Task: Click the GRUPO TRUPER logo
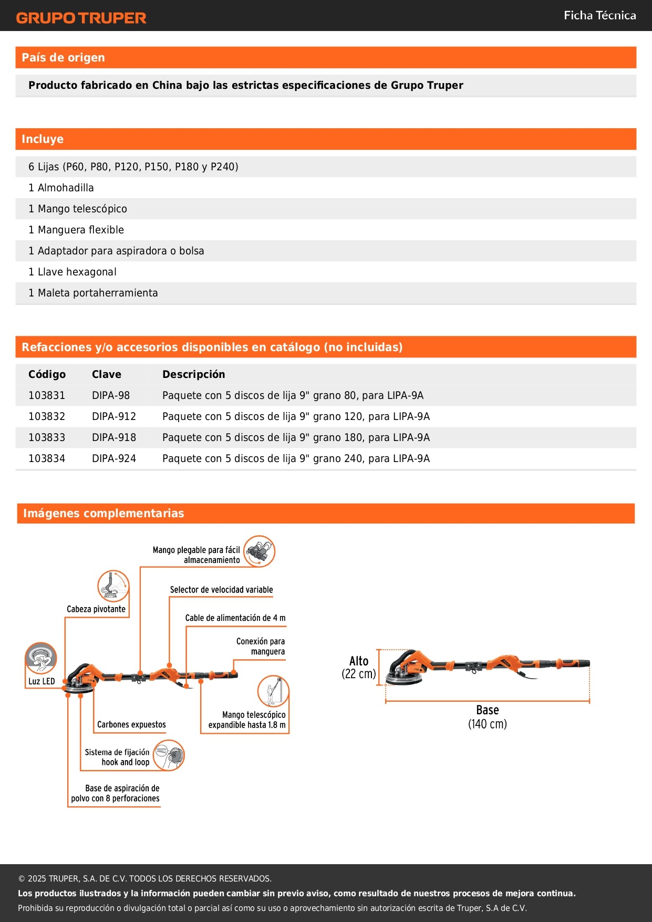81,18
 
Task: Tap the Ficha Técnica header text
599,15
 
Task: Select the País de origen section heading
63,57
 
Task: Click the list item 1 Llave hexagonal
73,272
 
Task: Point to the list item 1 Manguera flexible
76,230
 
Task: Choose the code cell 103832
47,416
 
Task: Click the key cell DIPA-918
113,437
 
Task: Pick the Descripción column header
193,374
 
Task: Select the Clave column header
106,374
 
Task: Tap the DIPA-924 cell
113,458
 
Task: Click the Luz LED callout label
42,681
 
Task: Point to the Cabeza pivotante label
96,609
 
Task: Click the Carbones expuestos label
131,724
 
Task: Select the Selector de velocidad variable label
221,590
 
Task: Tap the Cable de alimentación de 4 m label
235,618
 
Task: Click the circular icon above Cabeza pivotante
113,586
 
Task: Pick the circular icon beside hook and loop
169,755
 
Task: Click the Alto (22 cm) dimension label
359,668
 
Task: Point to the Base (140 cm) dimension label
487,717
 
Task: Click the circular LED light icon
41,658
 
